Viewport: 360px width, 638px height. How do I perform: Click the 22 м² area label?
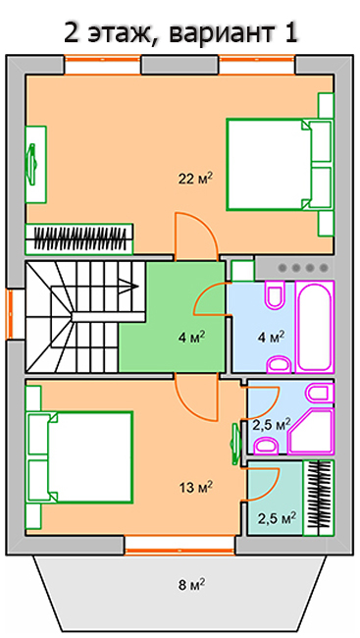[195, 179]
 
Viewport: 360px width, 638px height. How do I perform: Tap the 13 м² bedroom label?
[195, 487]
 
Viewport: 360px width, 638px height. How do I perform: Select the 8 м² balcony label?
[191, 585]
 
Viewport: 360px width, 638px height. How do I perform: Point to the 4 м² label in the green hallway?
[191, 338]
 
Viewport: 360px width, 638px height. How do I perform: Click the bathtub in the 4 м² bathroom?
[315, 326]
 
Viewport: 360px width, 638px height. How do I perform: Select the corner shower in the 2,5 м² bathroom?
[311, 431]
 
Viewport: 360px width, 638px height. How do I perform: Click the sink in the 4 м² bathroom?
[280, 364]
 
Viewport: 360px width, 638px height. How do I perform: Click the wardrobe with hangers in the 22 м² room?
[79, 239]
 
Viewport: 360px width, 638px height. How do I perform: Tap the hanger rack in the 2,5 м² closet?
[320, 498]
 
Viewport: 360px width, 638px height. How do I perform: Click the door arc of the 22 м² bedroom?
[197, 236]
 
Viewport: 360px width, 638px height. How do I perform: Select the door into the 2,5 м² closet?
[262, 484]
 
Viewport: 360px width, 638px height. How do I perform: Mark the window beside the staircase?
[11, 314]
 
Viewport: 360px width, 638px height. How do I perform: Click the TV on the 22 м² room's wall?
[31, 164]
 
